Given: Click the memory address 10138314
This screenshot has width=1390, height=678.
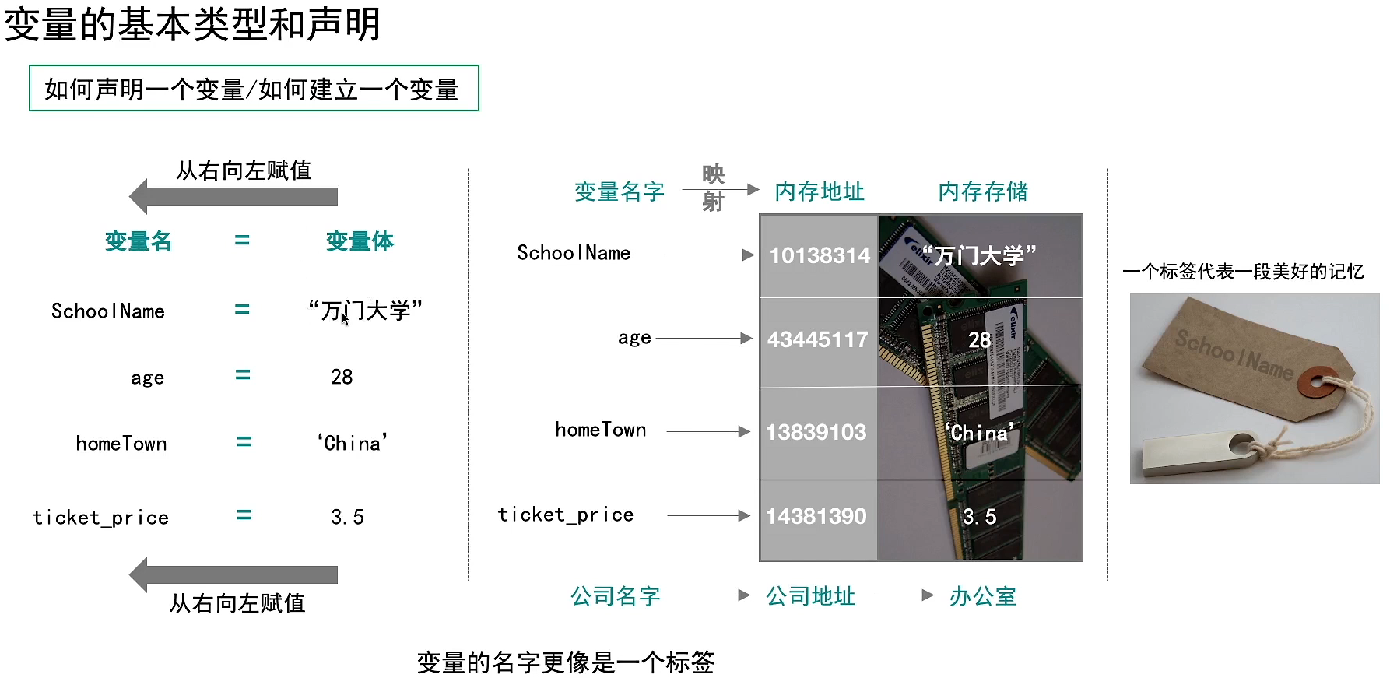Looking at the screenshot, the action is click(819, 255).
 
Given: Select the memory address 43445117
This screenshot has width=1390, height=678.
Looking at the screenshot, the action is click(817, 339).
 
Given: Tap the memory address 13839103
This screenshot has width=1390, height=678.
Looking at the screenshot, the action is click(816, 432).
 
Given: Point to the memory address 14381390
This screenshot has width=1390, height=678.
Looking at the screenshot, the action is click(816, 516).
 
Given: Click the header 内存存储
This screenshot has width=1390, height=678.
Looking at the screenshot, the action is click(983, 191).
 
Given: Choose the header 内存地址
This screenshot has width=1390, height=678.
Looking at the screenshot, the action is click(820, 191).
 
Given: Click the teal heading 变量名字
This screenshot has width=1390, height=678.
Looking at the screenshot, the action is click(620, 191).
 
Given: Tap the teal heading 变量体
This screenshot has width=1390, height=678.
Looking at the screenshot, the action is click(360, 241).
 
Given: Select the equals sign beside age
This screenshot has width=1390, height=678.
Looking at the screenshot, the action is click(243, 375).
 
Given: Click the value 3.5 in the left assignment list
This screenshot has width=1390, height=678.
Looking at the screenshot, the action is click(347, 517).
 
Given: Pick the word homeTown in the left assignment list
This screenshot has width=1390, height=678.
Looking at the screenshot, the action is click(121, 444).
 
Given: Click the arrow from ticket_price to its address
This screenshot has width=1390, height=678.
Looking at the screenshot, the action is click(708, 515).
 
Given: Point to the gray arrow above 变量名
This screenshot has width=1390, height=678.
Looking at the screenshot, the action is click(233, 196).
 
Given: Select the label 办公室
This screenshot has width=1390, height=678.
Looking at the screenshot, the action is click(983, 596).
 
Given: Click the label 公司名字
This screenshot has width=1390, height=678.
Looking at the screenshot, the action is click(616, 596).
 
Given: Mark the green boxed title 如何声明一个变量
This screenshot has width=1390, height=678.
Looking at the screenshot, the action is click(252, 90).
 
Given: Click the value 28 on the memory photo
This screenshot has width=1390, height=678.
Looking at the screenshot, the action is click(979, 339).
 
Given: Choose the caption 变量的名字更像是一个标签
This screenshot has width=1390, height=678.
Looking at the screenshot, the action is click(565, 662).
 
